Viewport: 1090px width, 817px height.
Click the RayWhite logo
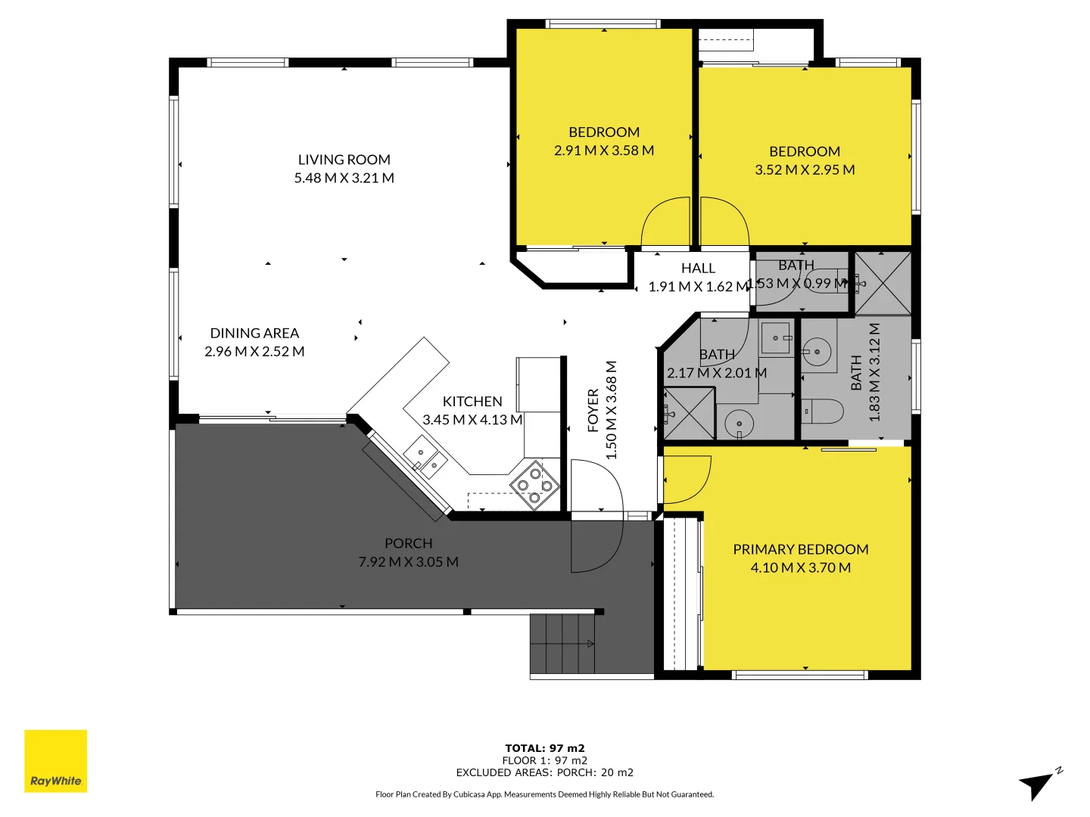coord(55,761)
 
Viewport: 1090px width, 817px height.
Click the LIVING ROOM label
coord(344,160)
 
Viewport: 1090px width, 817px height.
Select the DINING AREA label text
coord(254,333)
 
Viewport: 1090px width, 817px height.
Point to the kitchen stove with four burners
coord(534,485)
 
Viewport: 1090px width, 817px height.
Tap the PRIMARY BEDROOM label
coord(800,549)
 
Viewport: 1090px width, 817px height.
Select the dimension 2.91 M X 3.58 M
coord(603,151)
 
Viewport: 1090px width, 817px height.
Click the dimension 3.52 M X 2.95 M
coord(804,170)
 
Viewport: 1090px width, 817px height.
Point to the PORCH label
coord(408,543)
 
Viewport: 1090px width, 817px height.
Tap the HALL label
coord(697,269)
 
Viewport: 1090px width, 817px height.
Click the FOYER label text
coord(593,410)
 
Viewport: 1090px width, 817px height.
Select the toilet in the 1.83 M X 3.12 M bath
coord(823,412)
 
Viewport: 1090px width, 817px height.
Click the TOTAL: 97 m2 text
coord(544,748)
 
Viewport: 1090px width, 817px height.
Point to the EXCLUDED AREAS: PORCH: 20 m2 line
coord(544,772)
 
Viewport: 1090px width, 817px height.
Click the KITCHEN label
coord(472,402)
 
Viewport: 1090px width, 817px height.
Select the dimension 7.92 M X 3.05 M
coord(408,562)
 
